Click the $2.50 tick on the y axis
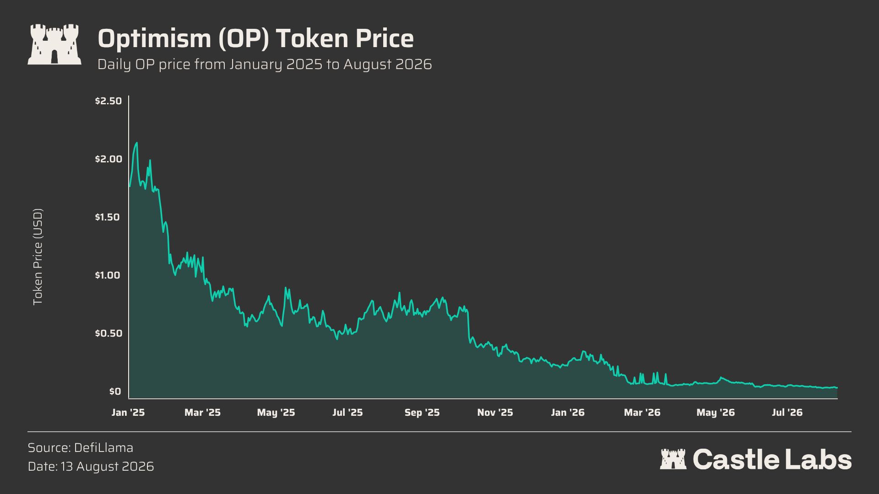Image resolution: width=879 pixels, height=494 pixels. point(109,101)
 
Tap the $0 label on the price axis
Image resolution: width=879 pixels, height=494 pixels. point(115,391)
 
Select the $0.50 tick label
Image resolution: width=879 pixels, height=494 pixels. point(109,333)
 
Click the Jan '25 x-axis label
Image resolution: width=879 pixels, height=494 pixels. point(128,413)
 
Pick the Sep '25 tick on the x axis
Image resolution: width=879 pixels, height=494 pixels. point(422,413)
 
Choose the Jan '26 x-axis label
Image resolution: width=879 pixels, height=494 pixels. point(568,413)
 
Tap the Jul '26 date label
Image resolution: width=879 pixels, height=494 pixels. point(787,413)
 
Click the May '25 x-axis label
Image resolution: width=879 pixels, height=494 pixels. point(276,413)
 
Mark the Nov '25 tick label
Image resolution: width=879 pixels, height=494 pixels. point(495,413)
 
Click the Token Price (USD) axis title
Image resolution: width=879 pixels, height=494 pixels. point(38,257)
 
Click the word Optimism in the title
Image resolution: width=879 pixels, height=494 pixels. point(154,38)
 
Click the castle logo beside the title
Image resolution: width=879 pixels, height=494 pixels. point(54,44)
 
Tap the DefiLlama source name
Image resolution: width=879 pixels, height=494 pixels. point(103,447)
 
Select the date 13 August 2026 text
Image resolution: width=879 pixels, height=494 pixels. point(107,467)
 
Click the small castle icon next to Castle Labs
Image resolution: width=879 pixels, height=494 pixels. point(673,459)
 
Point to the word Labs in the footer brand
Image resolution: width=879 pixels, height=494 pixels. point(819,459)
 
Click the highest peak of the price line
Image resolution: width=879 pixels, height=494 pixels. point(137,143)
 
